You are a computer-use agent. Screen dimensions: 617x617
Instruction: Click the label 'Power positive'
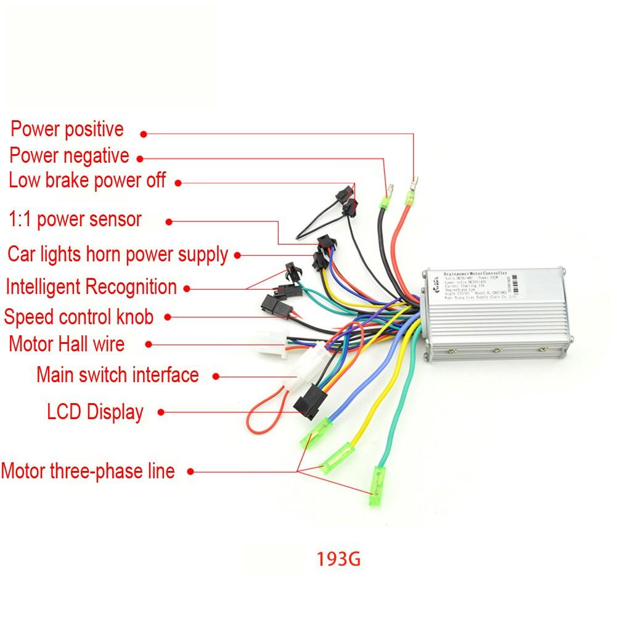pyautogui.click(x=67, y=129)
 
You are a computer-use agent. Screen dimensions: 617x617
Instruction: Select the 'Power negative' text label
pyautogui.click(x=69, y=155)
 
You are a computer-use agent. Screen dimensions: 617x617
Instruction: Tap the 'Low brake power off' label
pyautogui.click(x=87, y=181)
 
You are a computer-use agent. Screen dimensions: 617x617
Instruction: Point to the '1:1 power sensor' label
pyautogui.click(x=75, y=219)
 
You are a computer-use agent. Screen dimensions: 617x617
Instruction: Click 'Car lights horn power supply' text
pyautogui.click(x=117, y=254)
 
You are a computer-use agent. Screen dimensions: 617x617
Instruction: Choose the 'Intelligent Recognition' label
pyautogui.click(x=91, y=287)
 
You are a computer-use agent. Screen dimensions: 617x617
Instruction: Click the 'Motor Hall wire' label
pyautogui.click(x=67, y=343)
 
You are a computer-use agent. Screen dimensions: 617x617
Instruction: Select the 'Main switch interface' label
pyautogui.click(x=117, y=374)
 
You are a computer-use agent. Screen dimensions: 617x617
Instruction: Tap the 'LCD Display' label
pyautogui.click(x=95, y=411)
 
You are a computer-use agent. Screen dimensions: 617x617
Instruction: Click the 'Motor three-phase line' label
pyautogui.click(x=88, y=472)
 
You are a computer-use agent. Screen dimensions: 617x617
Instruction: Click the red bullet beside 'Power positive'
pyautogui.click(x=144, y=133)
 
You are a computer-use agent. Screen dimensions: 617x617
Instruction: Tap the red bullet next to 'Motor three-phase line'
pyautogui.click(x=190, y=472)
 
